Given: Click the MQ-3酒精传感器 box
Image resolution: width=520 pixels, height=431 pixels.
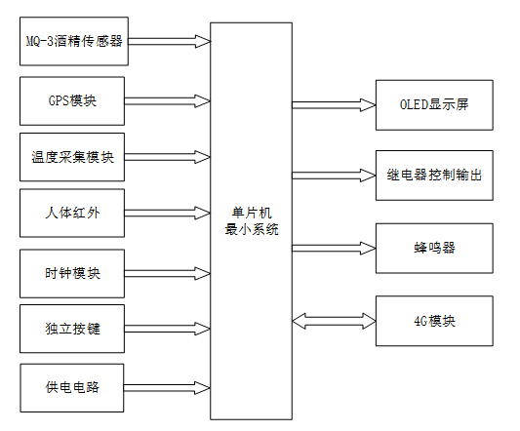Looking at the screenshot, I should coord(72,43).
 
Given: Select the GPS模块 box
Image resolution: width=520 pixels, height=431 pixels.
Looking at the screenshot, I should coord(72,100).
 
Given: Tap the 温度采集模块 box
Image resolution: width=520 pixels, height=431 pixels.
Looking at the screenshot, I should coord(72,157).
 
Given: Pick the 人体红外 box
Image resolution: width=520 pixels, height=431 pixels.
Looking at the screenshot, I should coord(72,214).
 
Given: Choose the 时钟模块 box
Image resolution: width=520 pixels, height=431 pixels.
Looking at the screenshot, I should coord(72,273).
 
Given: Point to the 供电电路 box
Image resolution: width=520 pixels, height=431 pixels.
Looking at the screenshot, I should coord(72,387).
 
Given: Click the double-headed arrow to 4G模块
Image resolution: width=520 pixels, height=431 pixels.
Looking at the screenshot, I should coord(334,320).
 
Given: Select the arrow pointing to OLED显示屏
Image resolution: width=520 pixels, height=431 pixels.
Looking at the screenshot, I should coord(334,102).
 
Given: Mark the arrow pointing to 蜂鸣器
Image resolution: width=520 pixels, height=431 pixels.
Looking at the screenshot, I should coord(334,248).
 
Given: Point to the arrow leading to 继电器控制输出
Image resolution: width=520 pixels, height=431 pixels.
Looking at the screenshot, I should coord(334,175).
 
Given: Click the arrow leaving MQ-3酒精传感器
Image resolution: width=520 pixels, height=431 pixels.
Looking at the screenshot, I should coord(169,41).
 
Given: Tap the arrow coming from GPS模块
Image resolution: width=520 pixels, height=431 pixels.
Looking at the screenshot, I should coord(169,100).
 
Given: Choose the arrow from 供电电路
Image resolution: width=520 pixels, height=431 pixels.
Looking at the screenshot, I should coord(169,387).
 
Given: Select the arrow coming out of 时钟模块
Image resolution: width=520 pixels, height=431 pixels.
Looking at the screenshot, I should coord(169,273).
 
